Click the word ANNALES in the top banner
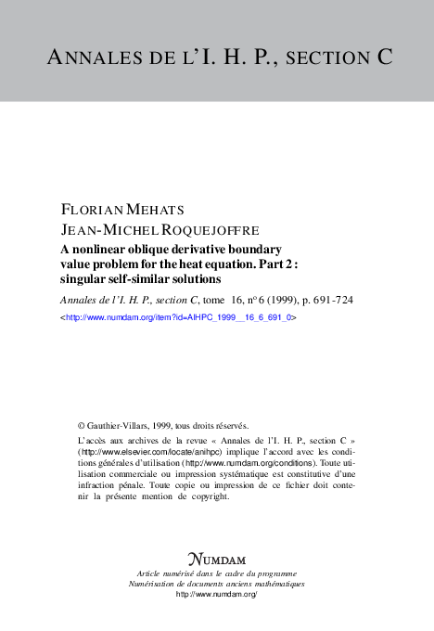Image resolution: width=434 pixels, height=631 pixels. tap(86, 57)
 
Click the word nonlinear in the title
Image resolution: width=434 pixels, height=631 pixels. tap(103, 249)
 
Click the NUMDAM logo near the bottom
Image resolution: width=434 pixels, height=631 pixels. tap(216, 560)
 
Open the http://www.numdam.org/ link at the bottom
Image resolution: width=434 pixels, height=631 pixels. tap(216, 594)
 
